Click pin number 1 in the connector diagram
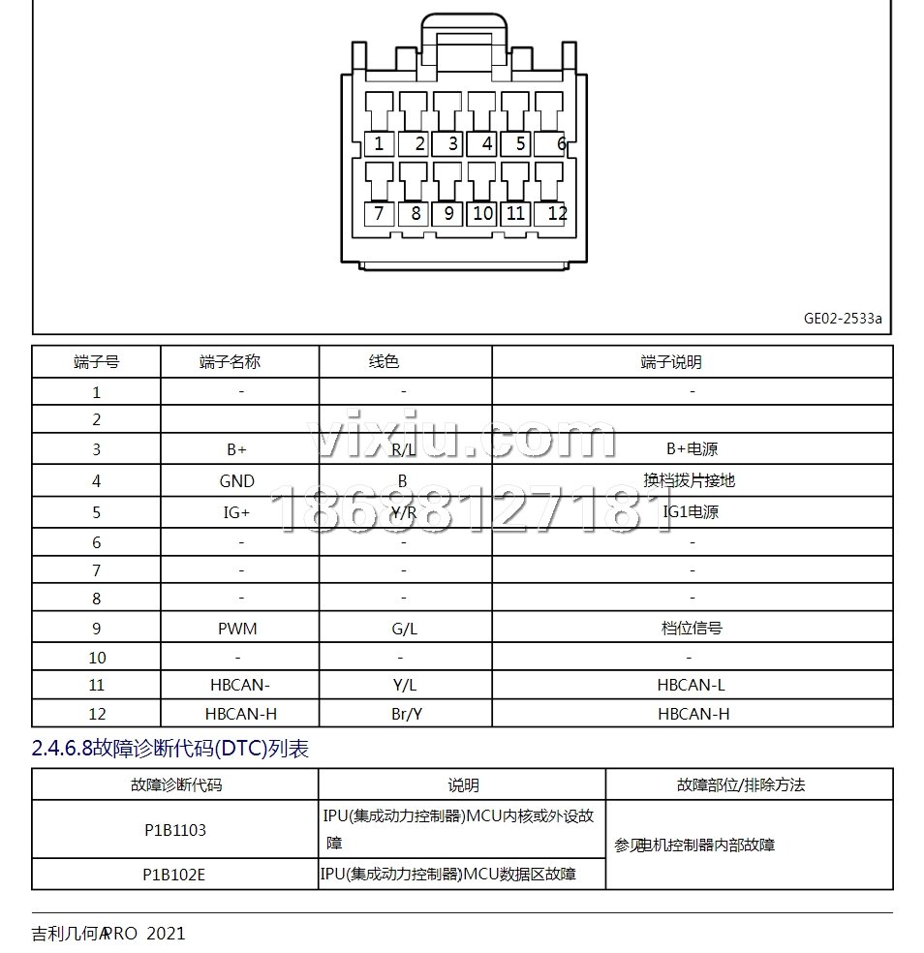(379, 144)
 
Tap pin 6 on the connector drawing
(561, 144)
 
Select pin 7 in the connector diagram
(379, 213)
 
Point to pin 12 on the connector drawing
(557, 213)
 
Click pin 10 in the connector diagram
(482, 213)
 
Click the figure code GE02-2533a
(843, 318)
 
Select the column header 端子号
(96, 362)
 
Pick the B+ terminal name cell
(236, 449)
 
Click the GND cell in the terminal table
(236, 480)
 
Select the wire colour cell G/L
(404, 629)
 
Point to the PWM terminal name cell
(237, 629)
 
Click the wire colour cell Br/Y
(404, 714)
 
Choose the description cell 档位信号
(692, 629)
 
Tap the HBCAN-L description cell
(691, 685)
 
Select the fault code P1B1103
(174, 830)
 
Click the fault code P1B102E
(174, 874)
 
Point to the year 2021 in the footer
(166, 934)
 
